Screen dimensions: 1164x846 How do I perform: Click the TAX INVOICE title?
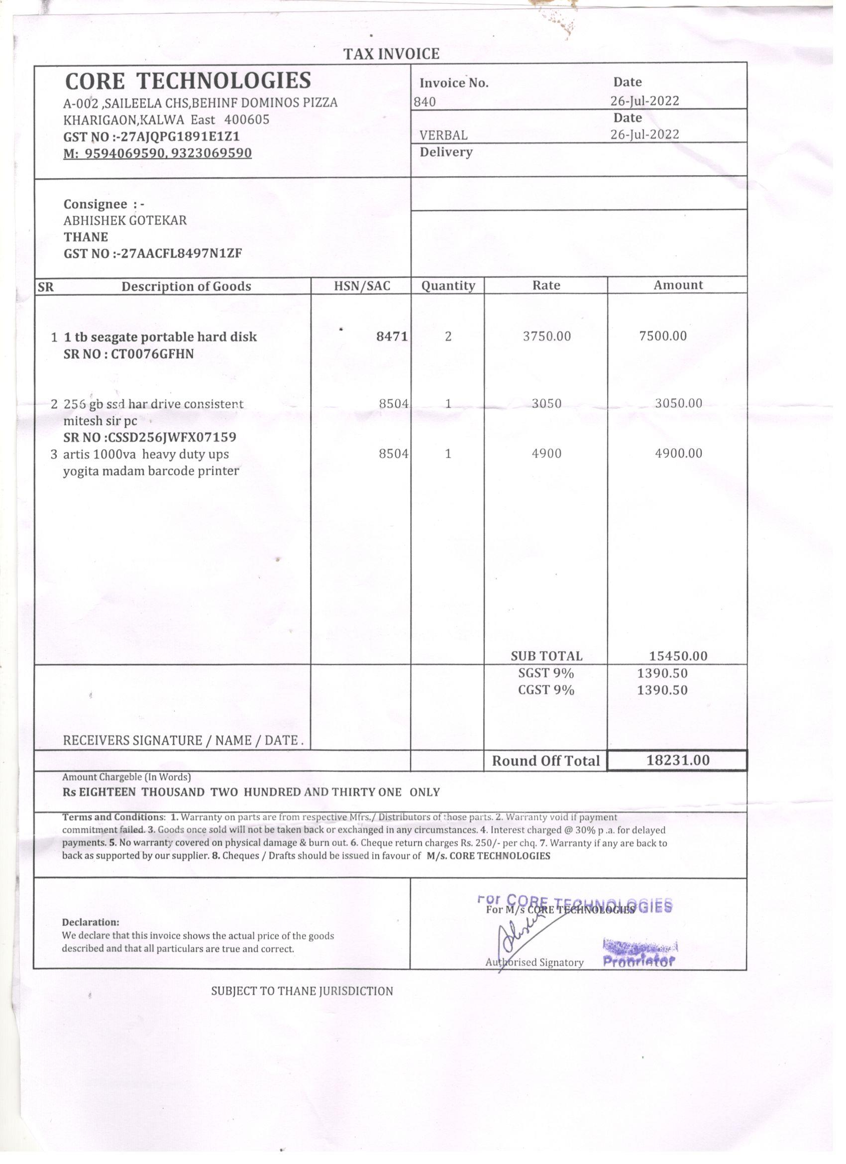coord(392,54)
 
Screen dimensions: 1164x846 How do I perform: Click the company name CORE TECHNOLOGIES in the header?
coord(188,81)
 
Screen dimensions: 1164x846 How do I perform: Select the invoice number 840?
coord(425,102)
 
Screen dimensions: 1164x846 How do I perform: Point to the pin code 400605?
coord(247,119)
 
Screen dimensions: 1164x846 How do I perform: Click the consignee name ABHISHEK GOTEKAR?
coord(125,220)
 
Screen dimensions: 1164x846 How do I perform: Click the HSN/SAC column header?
coord(362,286)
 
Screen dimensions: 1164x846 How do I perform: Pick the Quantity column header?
coord(448,285)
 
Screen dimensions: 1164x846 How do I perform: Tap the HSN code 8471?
coord(392,336)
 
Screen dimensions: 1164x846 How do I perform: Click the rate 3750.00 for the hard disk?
coord(546,336)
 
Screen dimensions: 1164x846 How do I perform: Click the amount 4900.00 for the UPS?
coord(679,453)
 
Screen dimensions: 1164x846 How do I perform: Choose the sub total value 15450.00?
coord(678,655)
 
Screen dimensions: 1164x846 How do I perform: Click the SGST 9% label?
coord(546,672)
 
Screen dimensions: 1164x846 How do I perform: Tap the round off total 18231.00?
coord(678,760)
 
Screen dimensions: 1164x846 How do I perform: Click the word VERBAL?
coord(443,135)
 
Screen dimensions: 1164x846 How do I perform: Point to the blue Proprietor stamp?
coord(639,961)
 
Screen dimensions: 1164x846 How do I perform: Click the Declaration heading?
coord(90,922)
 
